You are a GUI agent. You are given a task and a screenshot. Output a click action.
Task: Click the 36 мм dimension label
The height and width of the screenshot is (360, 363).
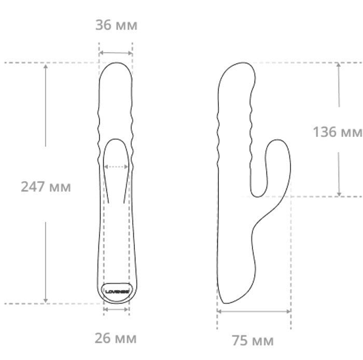pos(116,25)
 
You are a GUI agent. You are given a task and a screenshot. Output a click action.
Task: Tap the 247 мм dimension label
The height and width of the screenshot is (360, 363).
pos(46,187)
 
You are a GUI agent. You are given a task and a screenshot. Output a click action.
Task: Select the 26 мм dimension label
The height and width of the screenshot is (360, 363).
pos(116,338)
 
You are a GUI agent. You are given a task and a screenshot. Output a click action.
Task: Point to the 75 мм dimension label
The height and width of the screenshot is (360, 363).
pos(253,341)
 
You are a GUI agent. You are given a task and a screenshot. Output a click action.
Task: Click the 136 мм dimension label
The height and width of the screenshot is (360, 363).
pos(338,132)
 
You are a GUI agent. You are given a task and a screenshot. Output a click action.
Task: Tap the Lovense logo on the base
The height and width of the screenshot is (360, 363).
pos(117,292)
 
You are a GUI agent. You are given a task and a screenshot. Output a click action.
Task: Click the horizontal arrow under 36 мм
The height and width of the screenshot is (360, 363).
pos(116,53)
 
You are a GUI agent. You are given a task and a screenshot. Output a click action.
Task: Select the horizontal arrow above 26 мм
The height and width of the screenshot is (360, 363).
pos(116,309)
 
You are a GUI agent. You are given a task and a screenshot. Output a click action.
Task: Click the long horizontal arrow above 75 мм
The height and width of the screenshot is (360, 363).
pos(254,311)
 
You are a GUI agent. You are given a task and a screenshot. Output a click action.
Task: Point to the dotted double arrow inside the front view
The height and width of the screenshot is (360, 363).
pos(116,167)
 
